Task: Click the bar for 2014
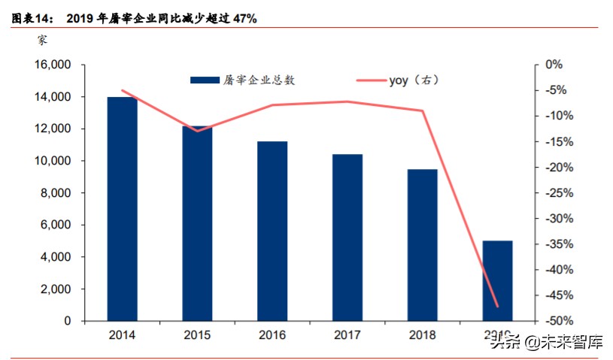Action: pos(122,209)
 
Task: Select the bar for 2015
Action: pos(197,223)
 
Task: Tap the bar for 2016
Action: pos(272,231)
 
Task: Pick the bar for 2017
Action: pos(347,237)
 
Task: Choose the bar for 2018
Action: pos(422,245)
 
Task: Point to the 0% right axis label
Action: pos(554,65)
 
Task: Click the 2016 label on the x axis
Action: pos(272,334)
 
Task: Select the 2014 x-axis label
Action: pos(122,334)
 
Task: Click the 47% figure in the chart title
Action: pos(243,17)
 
